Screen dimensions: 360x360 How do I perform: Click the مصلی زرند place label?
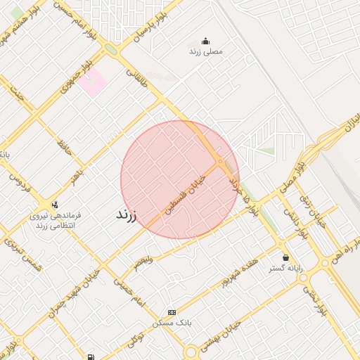point(205,52)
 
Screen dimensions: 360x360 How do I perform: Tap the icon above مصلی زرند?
point(205,40)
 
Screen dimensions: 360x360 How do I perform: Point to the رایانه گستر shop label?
point(285,269)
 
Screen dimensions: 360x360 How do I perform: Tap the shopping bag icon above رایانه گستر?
point(285,257)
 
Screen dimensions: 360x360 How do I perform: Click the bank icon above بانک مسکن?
point(172,312)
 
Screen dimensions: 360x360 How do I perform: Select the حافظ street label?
point(64,148)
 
